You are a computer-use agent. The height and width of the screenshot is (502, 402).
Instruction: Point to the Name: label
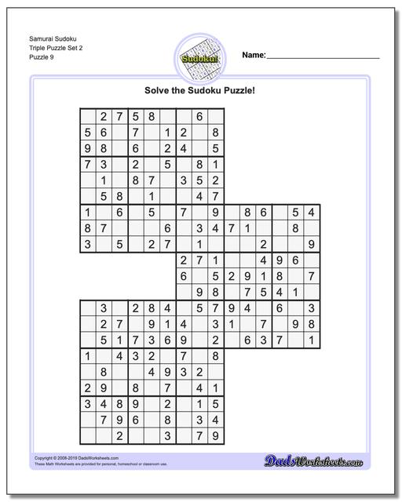point(254,56)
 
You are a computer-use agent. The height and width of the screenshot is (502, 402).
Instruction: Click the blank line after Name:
point(323,58)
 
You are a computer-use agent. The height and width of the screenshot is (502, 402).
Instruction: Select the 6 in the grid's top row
point(199,116)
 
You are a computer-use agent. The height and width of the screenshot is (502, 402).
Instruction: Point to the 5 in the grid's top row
point(135,116)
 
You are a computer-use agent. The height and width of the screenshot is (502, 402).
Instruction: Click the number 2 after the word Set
point(79,46)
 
